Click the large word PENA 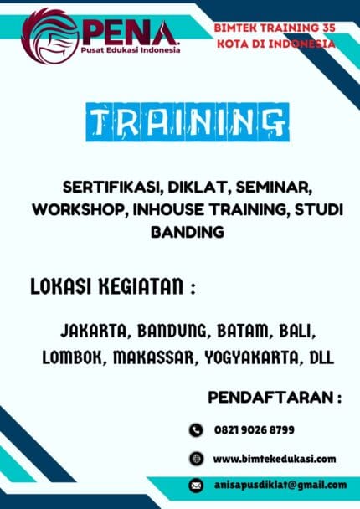131,32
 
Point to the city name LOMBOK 72,357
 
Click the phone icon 196,430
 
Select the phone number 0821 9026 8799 254,430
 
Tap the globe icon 196,458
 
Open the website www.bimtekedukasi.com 274,458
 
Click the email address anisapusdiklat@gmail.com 280,485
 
